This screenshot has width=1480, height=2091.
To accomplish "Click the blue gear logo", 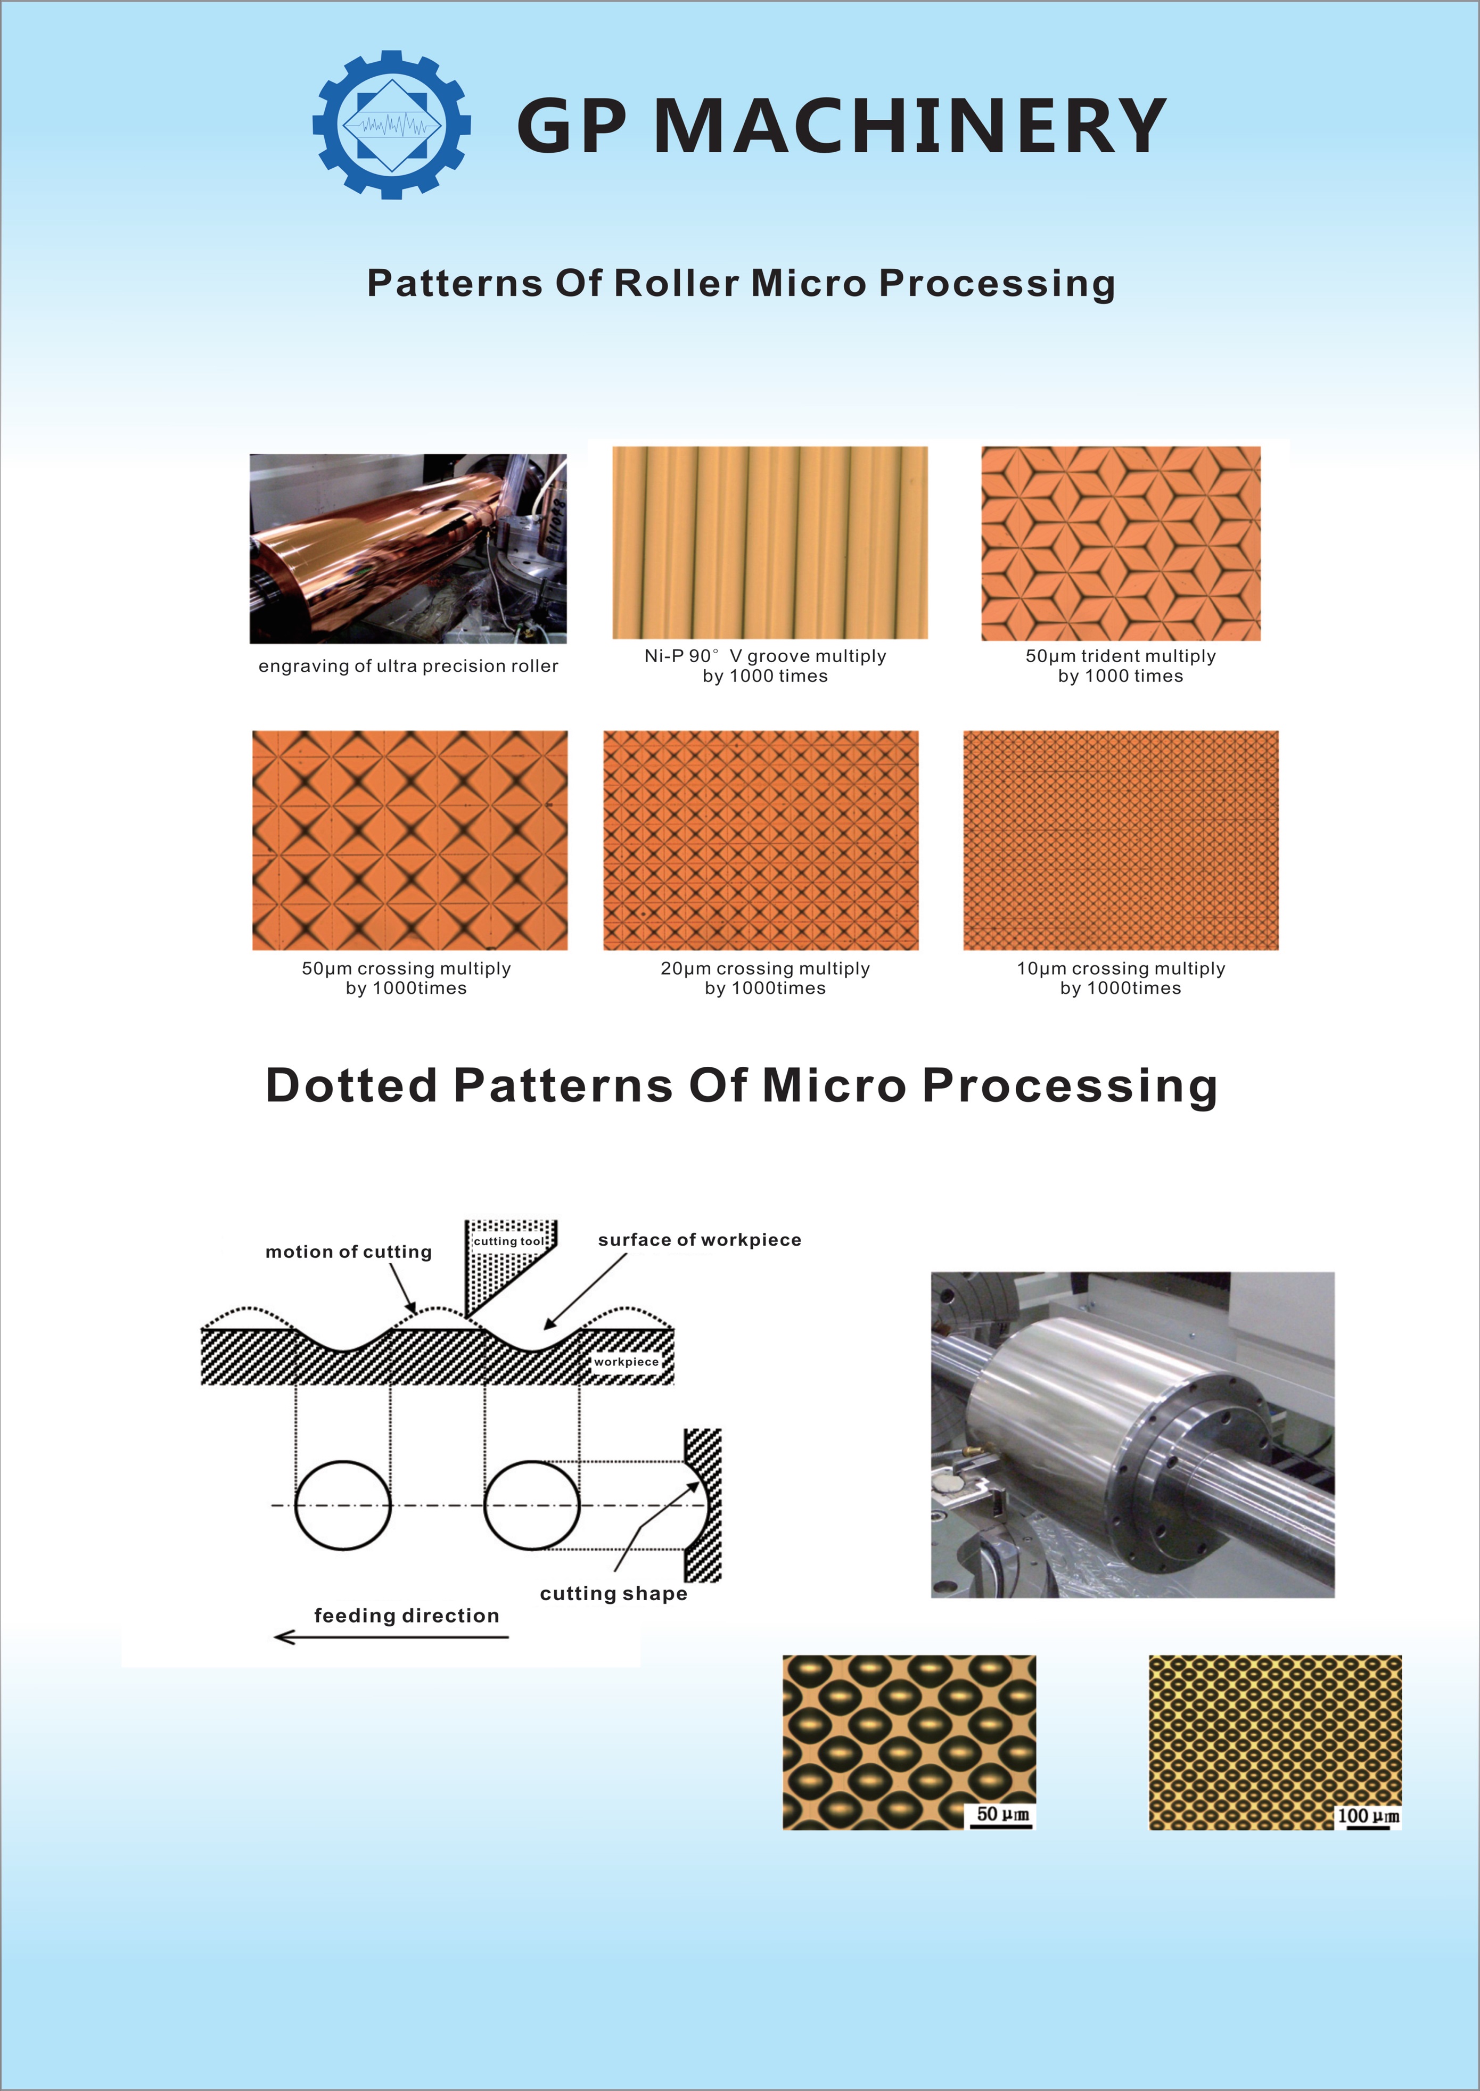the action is [x=392, y=124].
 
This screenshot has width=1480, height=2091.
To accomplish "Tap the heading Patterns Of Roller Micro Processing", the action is [x=741, y=283].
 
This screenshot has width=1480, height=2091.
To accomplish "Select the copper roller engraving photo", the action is [x=408, y=548].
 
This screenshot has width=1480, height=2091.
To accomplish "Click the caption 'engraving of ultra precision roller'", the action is [x=408, y=666].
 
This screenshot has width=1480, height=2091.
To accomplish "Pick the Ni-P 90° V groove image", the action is [x=770, y=542].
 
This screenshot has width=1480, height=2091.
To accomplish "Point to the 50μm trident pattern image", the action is [x=1121, y=543].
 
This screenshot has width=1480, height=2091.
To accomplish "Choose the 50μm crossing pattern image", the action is [x=410, y=840].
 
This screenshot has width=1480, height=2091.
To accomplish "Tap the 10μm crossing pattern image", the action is [x=1121, y=840].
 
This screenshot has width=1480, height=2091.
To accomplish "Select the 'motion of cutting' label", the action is [x=348, y=1252].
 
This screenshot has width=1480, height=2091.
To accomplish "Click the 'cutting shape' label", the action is [x=613, y=1593].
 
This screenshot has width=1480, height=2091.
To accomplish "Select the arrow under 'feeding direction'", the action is [x=392, y=1637].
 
